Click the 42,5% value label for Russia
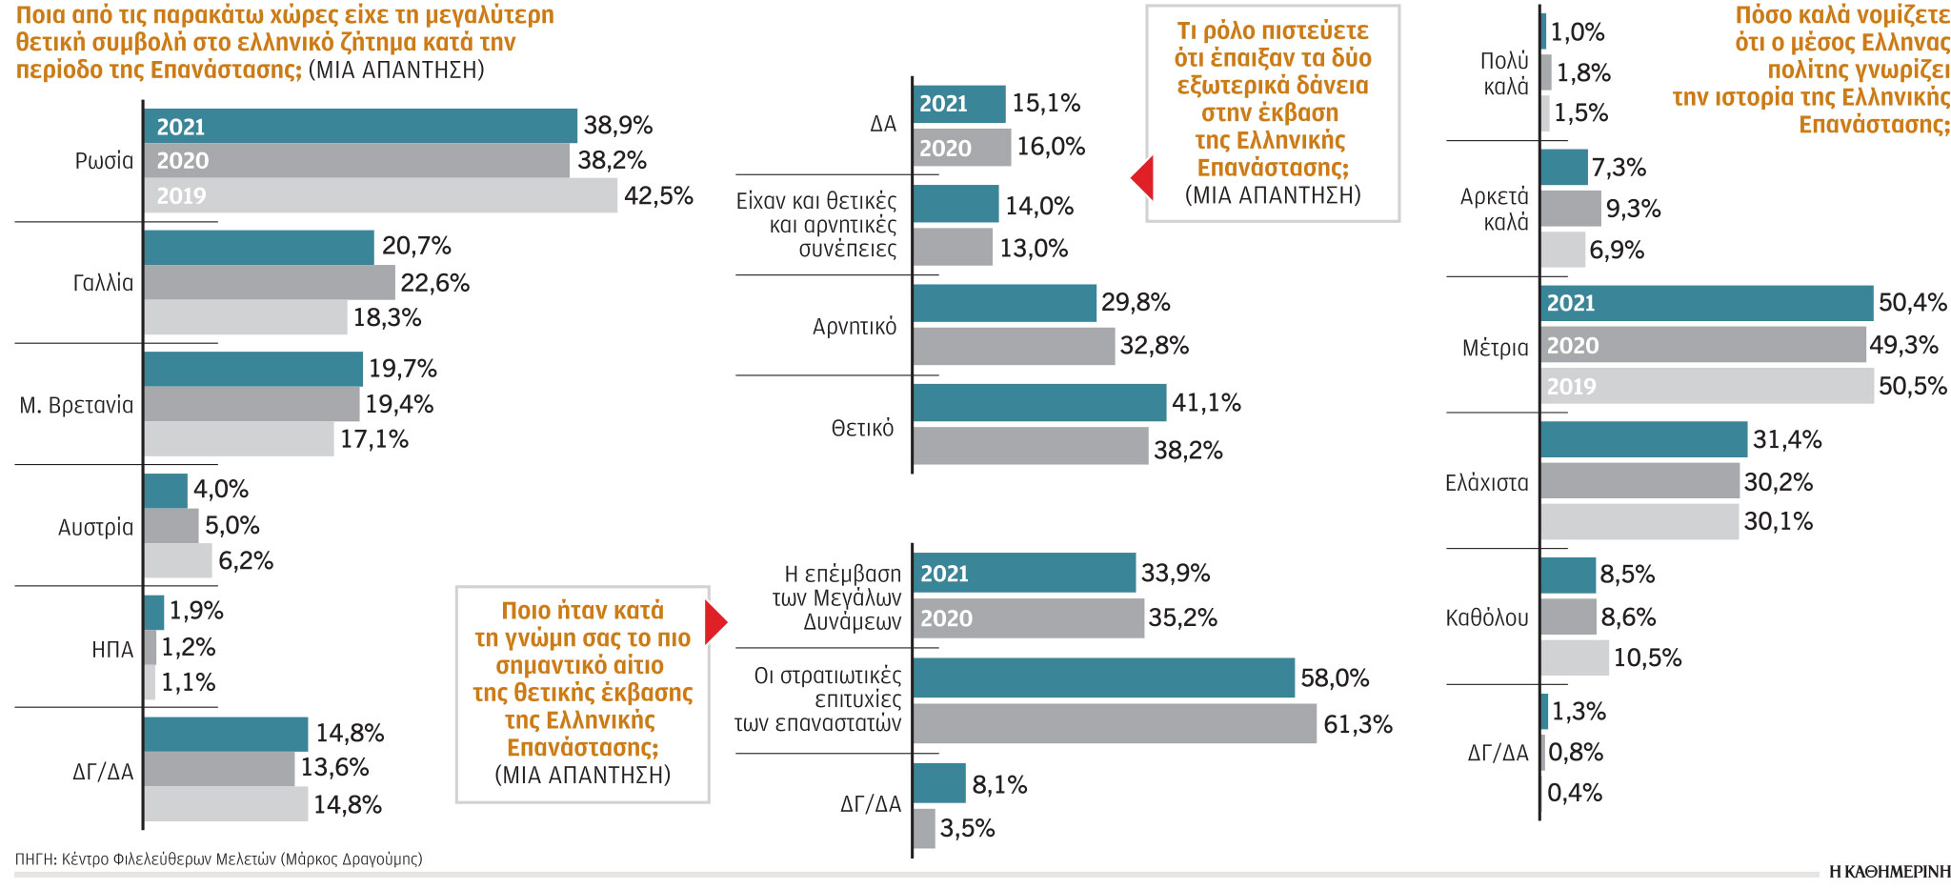(x=658, y=196)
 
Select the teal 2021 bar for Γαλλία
(x=259, y=247)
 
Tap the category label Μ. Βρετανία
(x=76, y=405)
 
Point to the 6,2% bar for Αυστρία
(x=178, y=560)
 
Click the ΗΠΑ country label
(x=112, y=650)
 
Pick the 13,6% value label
(x=334, y=767)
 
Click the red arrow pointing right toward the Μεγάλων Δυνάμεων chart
(x=715, y=623)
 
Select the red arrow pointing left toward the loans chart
(x=1142, y=177)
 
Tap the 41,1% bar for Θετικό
(x=1039, y=403)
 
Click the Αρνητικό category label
(x=855, y=327)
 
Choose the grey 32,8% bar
(x=1014, y=346)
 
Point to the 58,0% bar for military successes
(x=1104, y=677)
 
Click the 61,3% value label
(x=1358, y=725)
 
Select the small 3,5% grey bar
(x=924, y=828)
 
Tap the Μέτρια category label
(x=1495, y=348)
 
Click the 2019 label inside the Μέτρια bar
(x=1571, y=387)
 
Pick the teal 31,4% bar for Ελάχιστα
(x=1644, y=439)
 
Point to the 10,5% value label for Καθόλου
(x=1647, y=657)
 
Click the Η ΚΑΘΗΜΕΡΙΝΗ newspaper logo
(x=1889, y=872)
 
